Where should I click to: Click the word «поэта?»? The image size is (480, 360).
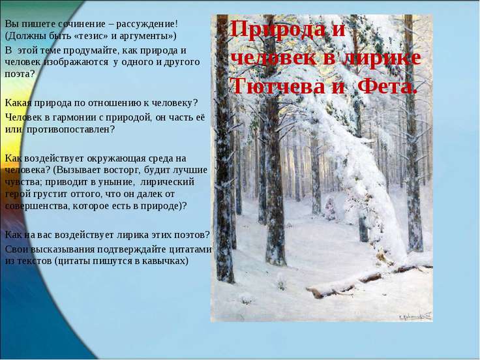coord(20,73)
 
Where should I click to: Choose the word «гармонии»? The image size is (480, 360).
coord(76,117)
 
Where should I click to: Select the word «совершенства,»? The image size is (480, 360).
coord(35,205)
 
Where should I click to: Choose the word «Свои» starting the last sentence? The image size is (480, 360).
coord(16,249)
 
